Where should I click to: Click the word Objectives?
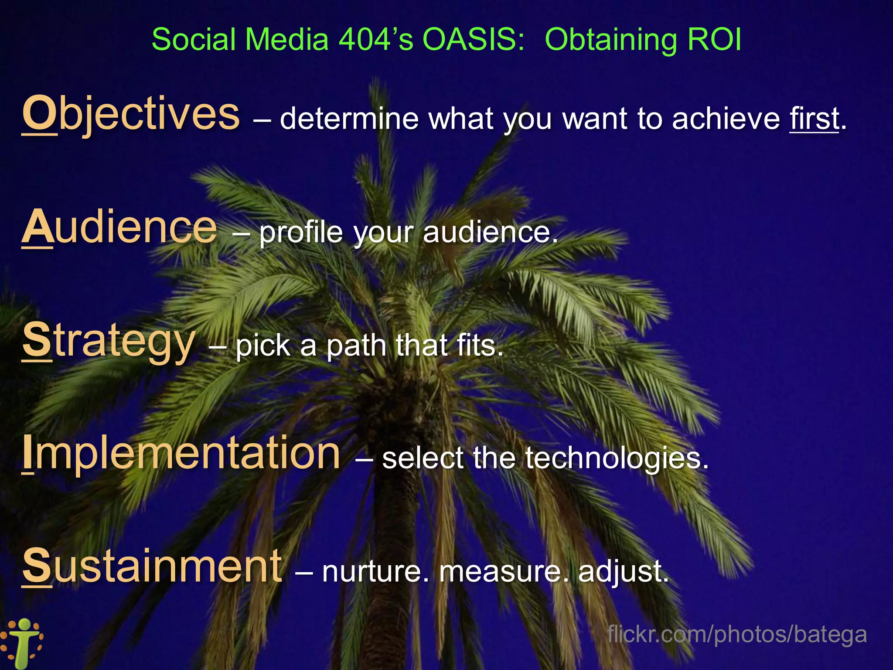[x=131, y=114]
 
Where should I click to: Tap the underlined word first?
[x=814, y=119]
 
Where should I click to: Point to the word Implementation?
[x=181, y=454]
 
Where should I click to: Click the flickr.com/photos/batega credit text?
[x=737, y=634]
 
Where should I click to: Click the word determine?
[x=349, y=119]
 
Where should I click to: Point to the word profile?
[x=301, y=232]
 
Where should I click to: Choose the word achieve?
[x=726, y=119]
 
